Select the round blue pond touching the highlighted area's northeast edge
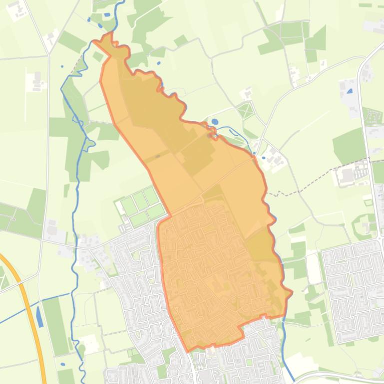click(x=215, y=121)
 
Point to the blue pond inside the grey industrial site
click(x=349, y=91)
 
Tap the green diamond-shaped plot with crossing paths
click(x=245, y=110)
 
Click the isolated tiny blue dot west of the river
click(x=62, y=66)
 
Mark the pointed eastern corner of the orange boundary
click(x=291, y=292)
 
